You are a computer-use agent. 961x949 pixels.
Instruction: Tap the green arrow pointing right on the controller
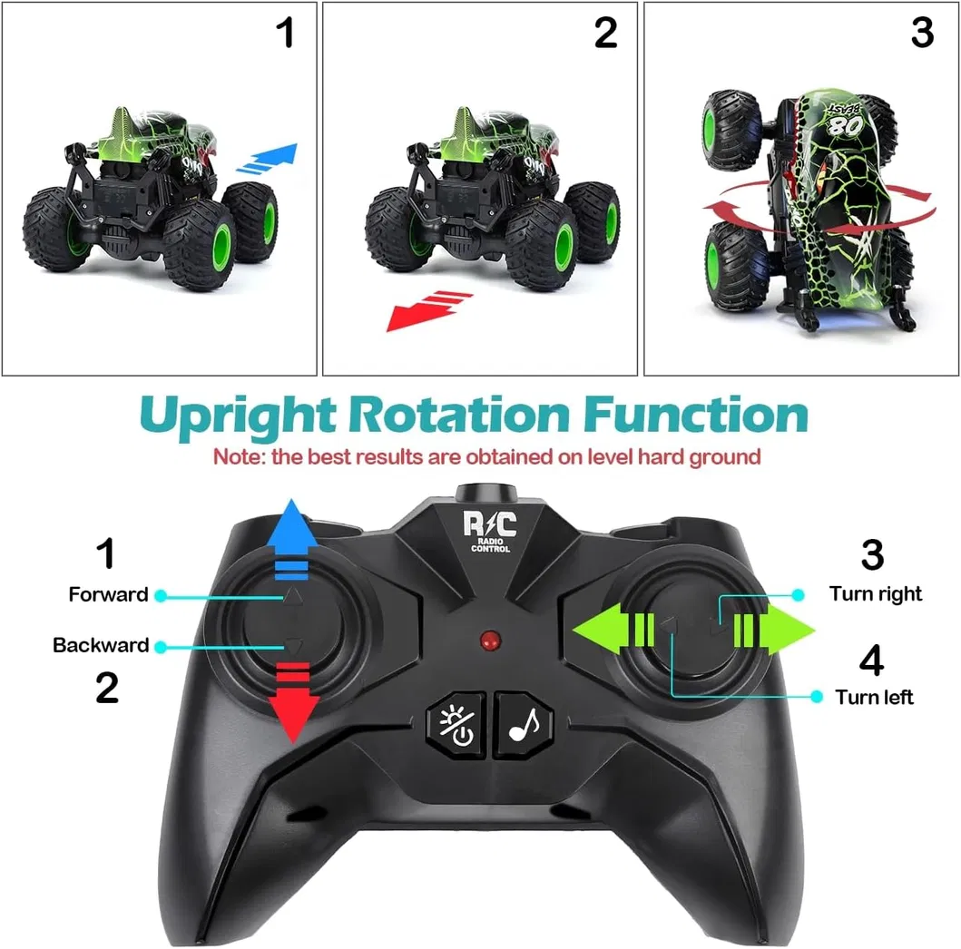pyautogui.click(x=774, y=630)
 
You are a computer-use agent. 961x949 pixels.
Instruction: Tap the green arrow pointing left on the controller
pyautogui.click(x=613, y=630)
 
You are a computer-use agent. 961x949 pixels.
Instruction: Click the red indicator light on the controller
pyautogui.click(x=490, y=641)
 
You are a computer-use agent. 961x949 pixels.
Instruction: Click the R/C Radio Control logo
pyautogui.click(x=490, y=531)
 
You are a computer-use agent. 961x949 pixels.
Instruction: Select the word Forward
pyautogui.click(x=109, y=594)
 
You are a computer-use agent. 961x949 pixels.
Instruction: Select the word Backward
pyautogui.click(x=101, y=645)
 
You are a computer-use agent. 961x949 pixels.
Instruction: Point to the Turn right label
pyautogui.click(x=875, y=593)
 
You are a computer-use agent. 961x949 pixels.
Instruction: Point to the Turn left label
pyautogui.click(x=874, y=697)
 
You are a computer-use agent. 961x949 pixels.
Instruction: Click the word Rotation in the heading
pyautogui.click(x=459, y=415)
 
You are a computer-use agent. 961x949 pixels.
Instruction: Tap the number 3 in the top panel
pyautogui.click(x=922, y=33)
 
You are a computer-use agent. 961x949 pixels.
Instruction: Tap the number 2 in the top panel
pyautogui.click(x=605, y=33)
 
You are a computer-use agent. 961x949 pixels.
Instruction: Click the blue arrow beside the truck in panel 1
pyautogui.click(x=267, y=161)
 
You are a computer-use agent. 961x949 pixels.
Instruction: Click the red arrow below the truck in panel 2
pyautogui.click(x=429, y=311)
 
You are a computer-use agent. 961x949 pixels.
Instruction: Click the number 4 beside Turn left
pyautogui.click(x=871, y=660)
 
